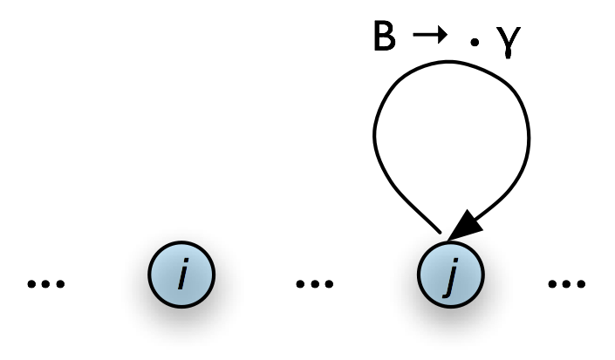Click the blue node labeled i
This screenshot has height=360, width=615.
[x=181, y=277]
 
